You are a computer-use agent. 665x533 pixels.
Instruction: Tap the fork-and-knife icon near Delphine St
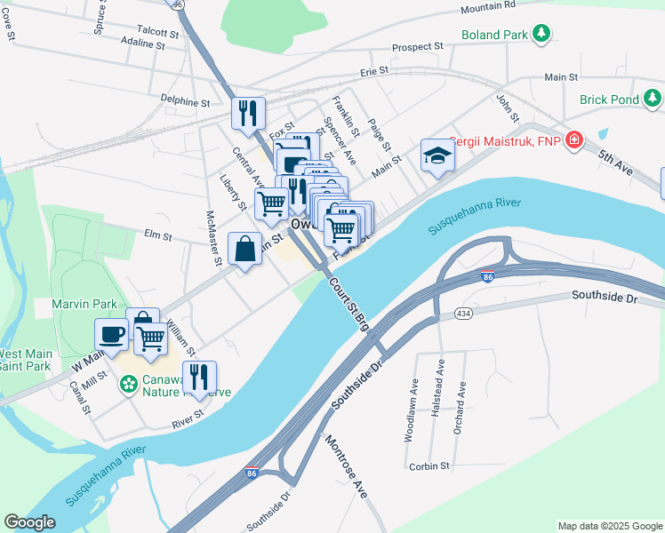click(249, 113)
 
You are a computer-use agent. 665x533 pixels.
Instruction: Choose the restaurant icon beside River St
click(199, 377)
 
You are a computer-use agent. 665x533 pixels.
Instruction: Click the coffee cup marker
click(112, 334)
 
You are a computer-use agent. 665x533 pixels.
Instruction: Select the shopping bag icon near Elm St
click(245, 249)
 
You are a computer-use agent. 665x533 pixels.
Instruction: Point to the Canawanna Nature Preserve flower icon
click(129, 384)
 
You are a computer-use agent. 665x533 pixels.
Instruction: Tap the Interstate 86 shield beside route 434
click(486, 277)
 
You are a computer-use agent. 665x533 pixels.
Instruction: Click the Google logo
click(29, 522)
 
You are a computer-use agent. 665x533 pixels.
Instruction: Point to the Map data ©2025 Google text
click(609, 526)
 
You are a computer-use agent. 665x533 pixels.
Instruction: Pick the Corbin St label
click(429, 465)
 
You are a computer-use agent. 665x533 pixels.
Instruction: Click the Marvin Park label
click(84, 304)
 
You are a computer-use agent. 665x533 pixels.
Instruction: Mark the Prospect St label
click(418, 46)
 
